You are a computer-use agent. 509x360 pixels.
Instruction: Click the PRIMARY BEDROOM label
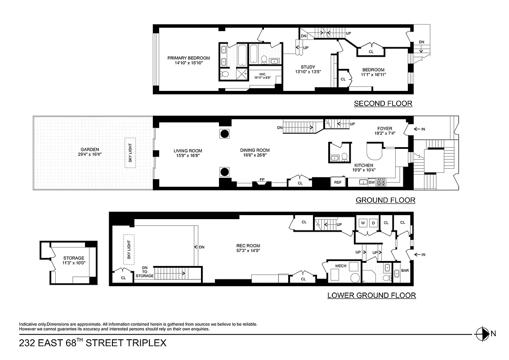point(188,58)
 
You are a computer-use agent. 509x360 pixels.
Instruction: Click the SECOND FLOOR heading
point(383,103)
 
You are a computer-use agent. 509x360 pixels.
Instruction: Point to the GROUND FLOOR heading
point(385,200)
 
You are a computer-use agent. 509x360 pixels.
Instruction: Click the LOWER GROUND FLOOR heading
point(371,296)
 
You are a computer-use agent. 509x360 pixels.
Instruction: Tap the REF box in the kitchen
point(337,182)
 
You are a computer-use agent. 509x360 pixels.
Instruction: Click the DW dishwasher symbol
point(371,182)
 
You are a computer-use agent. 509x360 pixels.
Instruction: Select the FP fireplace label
point(262,180)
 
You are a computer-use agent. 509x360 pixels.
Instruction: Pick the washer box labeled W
point(362,223)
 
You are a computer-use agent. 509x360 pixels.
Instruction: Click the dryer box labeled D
point(373,223)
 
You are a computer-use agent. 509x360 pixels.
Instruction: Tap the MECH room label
point(341,266)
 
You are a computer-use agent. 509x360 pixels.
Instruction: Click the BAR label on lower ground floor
point(405,271)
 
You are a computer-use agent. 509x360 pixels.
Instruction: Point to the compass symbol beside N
point(482,333)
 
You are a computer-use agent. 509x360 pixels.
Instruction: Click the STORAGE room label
point(73,258)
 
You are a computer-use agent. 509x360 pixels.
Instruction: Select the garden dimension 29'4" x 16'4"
point(89,155)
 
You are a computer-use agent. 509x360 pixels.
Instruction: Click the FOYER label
point(384,129)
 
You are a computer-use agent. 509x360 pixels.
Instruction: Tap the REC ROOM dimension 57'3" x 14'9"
point(248,251)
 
